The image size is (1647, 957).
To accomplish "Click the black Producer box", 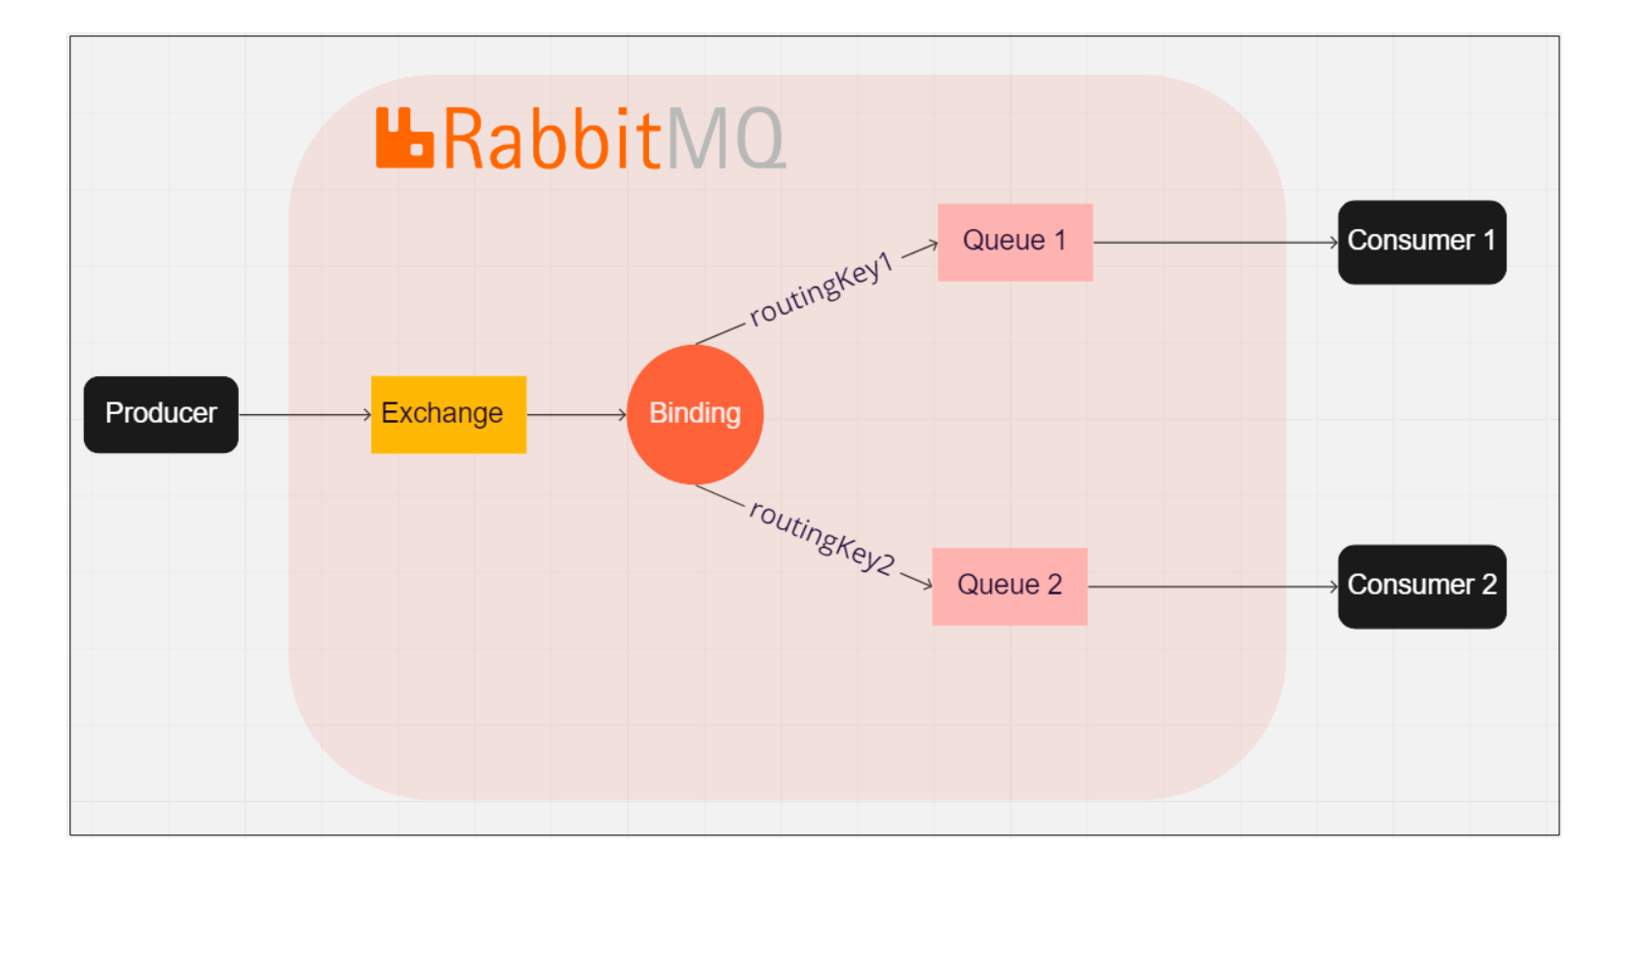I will point(161,414).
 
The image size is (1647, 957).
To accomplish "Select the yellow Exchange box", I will point(448,414).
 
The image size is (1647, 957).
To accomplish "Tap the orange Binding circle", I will point(695,414).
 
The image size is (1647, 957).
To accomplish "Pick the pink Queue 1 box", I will point(1015,242).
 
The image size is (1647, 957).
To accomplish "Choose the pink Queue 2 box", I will point(1010,586).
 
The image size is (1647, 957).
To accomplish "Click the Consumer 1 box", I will point(1421,242).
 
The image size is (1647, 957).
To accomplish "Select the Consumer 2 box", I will point(1421,586).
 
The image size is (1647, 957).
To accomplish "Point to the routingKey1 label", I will point(822,288).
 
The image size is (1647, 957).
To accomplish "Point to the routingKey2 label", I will point(822,537).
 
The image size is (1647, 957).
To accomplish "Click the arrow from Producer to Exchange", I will point(304,415).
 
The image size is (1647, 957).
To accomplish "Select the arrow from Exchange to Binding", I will point(575,415).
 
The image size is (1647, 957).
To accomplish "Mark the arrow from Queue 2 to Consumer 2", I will point(1211,587).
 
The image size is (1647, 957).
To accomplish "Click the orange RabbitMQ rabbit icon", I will point(403,138).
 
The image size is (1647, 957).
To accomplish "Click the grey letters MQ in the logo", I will point(725,139).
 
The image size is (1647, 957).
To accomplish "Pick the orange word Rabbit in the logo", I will point(552,139).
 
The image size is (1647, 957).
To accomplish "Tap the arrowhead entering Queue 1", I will point(932,246).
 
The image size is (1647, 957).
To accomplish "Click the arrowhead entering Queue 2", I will point(927,584).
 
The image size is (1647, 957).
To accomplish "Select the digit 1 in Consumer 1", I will point(1488,241).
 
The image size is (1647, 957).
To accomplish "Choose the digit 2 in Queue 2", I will point(1054,585).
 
